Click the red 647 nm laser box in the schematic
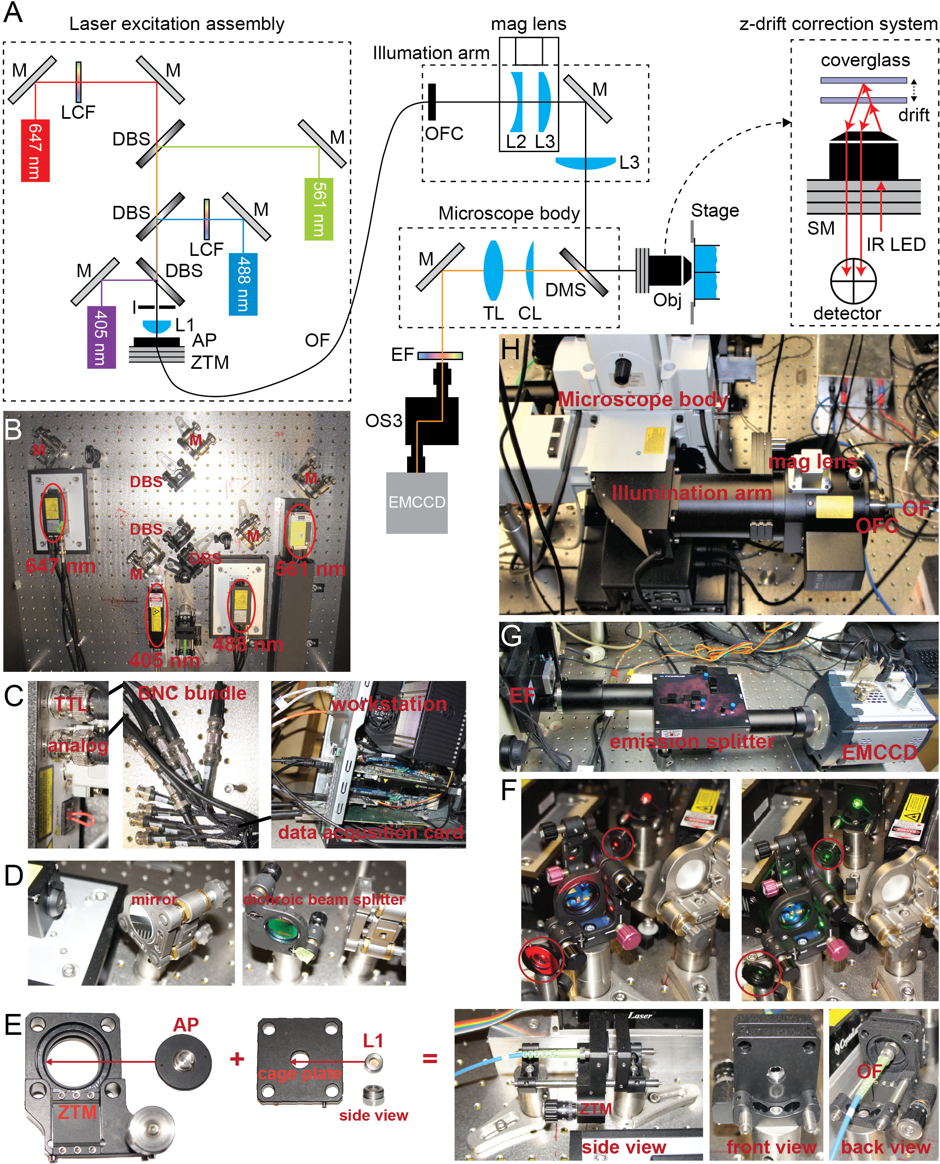(35, 150)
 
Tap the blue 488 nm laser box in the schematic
(243, 284)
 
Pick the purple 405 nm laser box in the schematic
(102, 337)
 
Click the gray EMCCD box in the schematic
(416, 503)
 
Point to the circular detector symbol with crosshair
(853, 282)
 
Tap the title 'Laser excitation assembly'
(177, 24)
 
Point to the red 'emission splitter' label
(692, 741)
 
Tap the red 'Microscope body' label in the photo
(643, 399)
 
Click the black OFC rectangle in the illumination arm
(432, 102)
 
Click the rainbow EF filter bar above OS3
(440, 356)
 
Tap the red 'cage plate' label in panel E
(300, 1074)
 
